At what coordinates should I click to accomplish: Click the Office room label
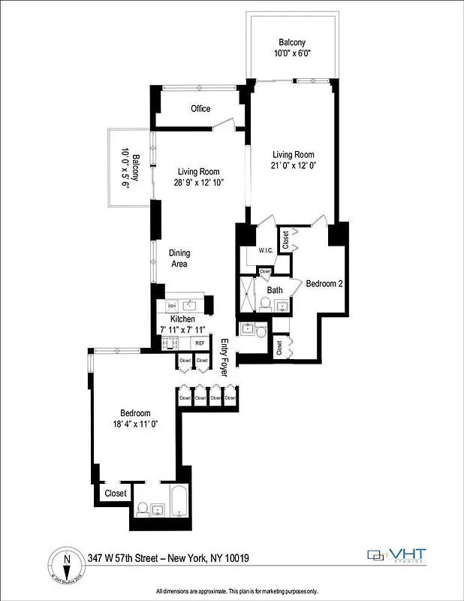200,109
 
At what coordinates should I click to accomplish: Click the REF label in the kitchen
200,343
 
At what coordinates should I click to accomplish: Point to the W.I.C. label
265,251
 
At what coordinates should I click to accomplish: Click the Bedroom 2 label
324,283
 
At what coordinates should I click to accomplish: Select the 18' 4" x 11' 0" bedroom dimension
137,424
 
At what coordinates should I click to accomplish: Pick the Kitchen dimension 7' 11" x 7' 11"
182,330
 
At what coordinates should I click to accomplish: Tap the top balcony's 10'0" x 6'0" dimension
293,53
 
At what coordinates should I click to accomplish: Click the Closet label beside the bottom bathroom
116,494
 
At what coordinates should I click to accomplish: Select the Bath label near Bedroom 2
275,290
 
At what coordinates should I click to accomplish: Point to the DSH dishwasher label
172,306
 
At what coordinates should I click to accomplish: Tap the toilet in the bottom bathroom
143,509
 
